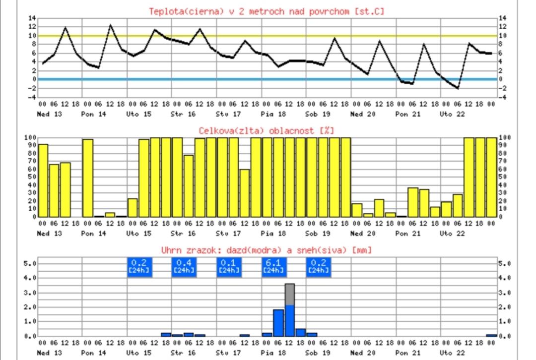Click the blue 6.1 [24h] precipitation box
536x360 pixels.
273,266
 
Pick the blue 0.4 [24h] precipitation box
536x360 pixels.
184,266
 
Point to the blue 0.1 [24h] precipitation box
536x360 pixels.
228,266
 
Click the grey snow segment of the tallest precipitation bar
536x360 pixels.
290,294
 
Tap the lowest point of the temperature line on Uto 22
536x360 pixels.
458,88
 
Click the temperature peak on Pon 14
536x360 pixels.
110,25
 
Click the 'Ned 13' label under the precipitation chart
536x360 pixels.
50,353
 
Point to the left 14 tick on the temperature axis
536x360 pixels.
32,18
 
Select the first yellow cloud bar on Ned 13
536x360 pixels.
43,180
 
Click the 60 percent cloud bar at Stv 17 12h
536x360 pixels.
245,193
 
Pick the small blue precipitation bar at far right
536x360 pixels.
491,335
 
